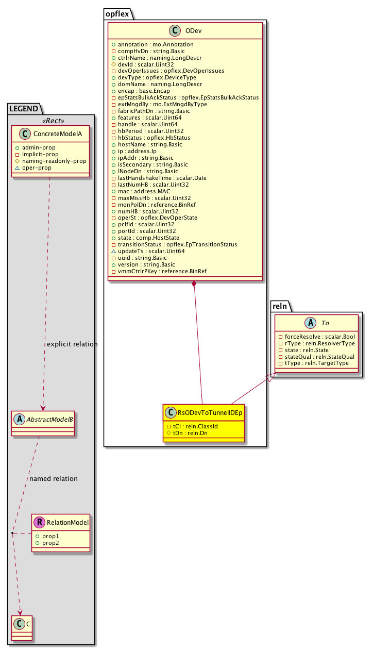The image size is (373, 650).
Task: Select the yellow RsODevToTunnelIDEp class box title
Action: (210, 412)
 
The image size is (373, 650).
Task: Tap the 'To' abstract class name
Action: (325, 323)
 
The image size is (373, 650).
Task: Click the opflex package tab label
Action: (118, 14)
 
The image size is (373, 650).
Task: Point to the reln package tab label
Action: (281, 307)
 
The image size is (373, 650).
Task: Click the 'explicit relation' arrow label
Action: (72, 344)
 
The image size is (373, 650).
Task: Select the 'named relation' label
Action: (54, 478)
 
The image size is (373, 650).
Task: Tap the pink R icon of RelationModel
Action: (39, 522)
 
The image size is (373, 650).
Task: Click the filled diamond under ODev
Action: (194, 284)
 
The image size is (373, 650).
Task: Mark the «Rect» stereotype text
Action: (51, 122)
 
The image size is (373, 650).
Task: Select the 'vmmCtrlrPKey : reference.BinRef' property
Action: (162, 271)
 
